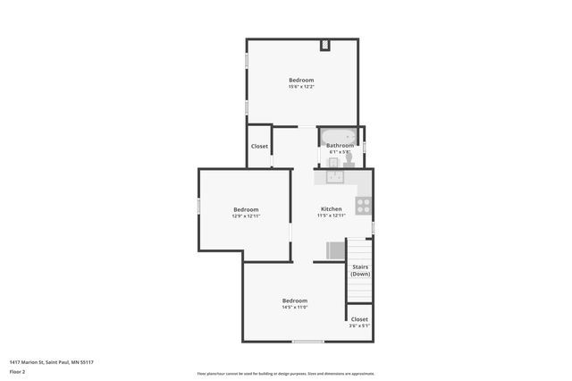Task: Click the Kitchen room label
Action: (x=332, y=209)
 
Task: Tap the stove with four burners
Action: (x=364, y=205)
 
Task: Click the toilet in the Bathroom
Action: (x=349, y=157)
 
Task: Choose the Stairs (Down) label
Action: (x=359, y=270)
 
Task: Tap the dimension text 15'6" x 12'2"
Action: (x=301, y=87)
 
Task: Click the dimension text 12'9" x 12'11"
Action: (x=246, y=216)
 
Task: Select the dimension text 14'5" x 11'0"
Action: (x=295, y=307)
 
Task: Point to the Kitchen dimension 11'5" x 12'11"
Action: (x=332, y=216)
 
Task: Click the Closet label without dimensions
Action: (x=259, y=146)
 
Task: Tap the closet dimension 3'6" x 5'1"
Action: (x=358, y=326)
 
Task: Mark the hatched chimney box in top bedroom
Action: (x=326, y=44)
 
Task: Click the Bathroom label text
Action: (x=340, y=146)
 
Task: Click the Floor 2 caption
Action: (x=17, y=371)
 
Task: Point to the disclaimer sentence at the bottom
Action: (x=286, y=374)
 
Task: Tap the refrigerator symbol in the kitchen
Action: (x=335, y=250)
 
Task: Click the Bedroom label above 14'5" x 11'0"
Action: (x=295, y=301)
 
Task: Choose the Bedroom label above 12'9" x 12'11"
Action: (x=246, y=209)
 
